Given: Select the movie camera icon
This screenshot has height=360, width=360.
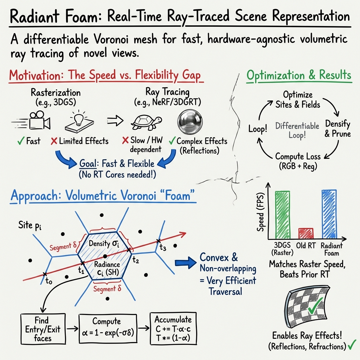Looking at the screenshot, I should point(39,121).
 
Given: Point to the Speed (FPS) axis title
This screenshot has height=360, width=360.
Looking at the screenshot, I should point(261,214).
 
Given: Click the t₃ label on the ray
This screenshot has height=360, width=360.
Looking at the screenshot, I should point(162,247).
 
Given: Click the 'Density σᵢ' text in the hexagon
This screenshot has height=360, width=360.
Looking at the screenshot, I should point(104,244).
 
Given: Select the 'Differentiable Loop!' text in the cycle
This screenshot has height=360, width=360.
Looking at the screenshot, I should point(297,130).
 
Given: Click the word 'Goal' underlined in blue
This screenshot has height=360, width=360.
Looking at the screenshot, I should point(88,163).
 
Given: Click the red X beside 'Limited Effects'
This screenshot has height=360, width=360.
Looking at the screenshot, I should point(54,141).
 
